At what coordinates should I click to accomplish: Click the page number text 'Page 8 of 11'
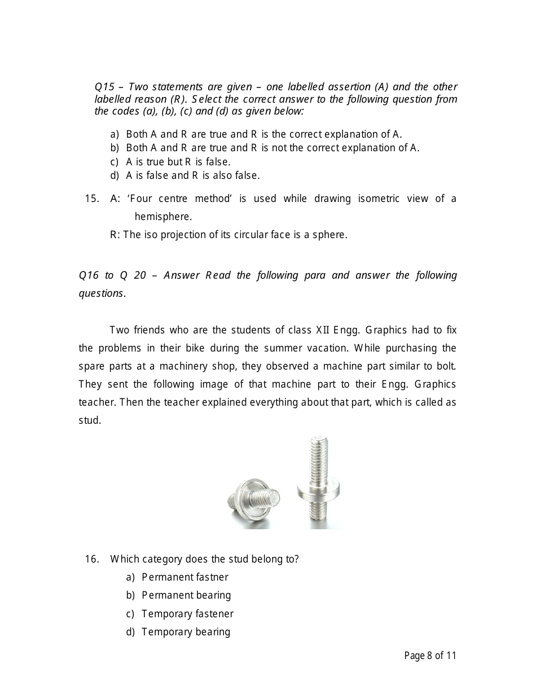coord(430,655)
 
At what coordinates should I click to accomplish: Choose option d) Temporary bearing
coord(186,631)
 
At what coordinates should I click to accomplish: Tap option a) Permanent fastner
coord(184,577)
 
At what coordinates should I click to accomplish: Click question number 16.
coord(92,559)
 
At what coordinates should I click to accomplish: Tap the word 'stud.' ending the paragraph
coord(90,420)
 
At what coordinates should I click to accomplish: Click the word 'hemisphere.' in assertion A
coord(163,216)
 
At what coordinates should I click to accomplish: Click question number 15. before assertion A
coord(92,198)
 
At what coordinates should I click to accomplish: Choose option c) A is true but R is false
coord(178,161)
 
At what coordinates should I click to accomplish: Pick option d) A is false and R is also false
coord(192,175)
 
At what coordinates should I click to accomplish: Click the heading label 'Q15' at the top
coord(104,87)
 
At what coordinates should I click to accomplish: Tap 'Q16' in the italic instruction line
coord(89,275)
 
